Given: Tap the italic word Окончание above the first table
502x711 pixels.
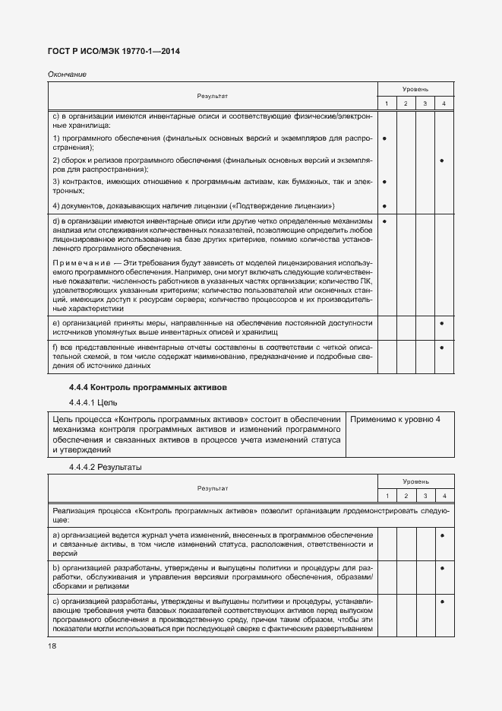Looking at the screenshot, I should [x=67, y=74].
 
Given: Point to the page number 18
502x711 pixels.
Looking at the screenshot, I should [x=52, y=646].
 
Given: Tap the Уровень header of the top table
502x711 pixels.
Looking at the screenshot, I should [x=415, y=90].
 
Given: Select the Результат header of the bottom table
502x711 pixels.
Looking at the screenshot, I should [x=213, y=487].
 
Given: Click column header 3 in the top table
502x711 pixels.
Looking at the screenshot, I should [x=425, y=103].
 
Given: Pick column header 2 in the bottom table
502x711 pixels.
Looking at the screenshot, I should [x=406, y=496].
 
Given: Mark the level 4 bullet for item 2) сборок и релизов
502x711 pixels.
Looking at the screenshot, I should [x=442, y=161].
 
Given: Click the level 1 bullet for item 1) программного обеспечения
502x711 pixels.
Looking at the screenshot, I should [x=386, y=139].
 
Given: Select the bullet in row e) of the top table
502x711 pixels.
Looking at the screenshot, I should [x=442, y=324].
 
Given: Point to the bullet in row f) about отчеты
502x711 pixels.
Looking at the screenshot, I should [x=442, y=348].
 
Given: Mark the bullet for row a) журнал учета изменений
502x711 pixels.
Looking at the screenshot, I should [x=442, y=537].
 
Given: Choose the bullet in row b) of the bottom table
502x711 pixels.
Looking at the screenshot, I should [x=442, y=567].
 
